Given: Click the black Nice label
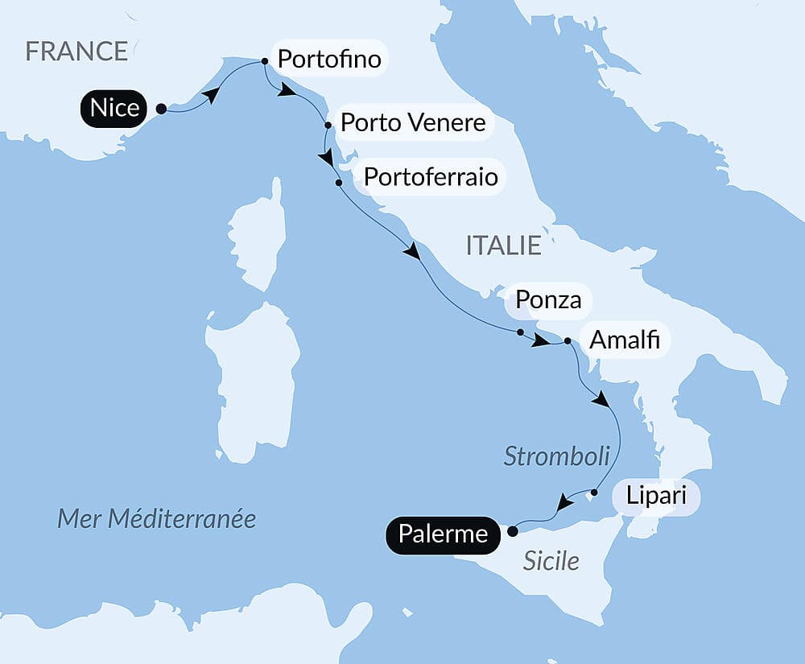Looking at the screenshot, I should click(115, 108).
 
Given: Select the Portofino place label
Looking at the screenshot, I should click(328, 59).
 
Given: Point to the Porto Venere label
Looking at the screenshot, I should click(413, 123).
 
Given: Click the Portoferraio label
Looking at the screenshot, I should click(431, 176).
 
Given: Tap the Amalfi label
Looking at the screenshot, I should click(625, 340).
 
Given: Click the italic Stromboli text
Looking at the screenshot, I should click(556, 456).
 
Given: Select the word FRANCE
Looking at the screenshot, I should click(76, 52).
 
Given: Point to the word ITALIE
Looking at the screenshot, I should click(504, 245).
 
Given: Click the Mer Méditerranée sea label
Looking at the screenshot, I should click(156, 518).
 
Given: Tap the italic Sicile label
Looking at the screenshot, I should click(551, 561).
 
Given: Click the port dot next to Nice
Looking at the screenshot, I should click(161, 109).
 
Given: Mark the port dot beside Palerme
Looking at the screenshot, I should click(512, 530).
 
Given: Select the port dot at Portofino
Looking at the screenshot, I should click(265, 61).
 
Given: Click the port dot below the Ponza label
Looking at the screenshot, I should click(520, 332).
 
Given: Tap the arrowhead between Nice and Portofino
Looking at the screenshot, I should click(210, 96).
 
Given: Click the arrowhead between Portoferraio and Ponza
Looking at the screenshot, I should click(412, 252).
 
